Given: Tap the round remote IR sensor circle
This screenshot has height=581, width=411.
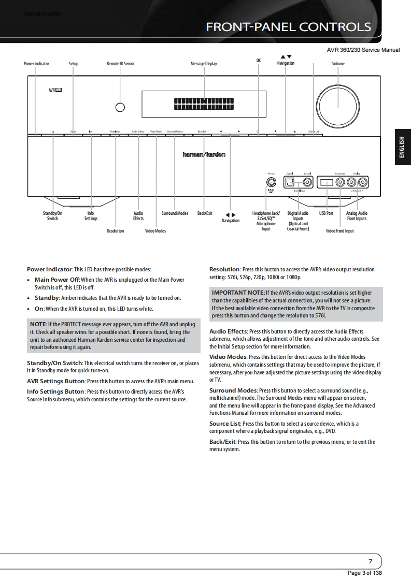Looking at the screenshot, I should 120,108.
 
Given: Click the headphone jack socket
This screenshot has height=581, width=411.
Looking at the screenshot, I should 271,182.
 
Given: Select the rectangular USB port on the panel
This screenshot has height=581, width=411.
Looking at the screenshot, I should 327,182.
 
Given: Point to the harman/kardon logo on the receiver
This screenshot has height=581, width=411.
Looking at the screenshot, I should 204,155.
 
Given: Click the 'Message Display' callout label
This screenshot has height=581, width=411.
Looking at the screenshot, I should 204,64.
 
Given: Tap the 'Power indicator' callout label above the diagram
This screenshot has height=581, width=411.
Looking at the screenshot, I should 36,64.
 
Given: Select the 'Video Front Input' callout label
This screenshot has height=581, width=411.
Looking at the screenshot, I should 339,231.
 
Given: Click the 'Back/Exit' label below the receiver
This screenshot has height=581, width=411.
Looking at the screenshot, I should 205,213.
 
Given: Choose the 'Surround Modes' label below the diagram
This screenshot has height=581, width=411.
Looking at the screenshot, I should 175,213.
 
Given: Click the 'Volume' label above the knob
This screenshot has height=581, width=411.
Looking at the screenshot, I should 338,64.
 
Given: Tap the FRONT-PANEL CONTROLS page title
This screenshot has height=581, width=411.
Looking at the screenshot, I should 288,27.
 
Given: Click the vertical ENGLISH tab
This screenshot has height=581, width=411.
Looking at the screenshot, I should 402,147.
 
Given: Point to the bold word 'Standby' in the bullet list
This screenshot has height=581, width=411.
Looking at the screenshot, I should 47,298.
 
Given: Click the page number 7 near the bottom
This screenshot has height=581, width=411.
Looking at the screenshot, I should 370,561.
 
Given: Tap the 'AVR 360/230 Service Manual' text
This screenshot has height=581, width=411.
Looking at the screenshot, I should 363,50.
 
